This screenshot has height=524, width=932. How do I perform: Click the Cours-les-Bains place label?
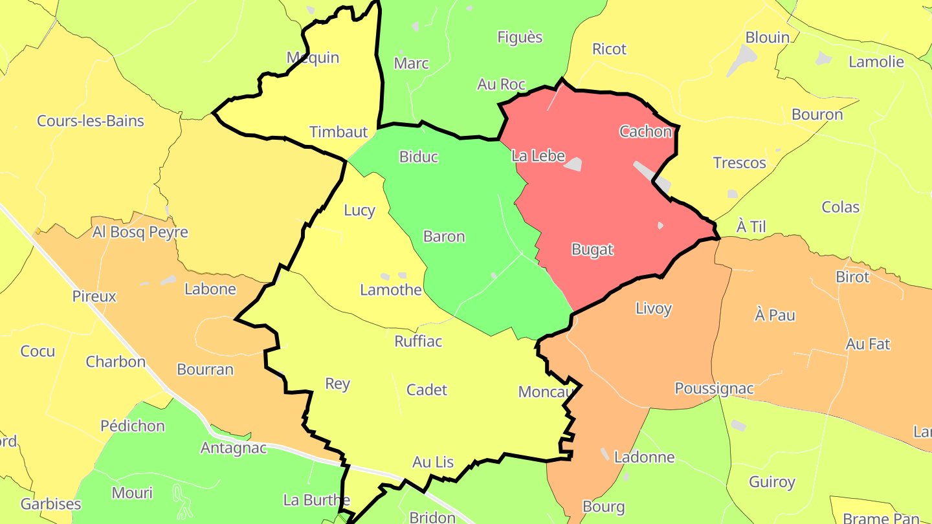click(91, 121)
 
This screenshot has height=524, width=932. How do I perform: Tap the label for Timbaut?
click(338, 132)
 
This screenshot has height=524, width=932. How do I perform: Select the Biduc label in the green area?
click(419, 157)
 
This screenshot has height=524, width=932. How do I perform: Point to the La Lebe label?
click(538, 156)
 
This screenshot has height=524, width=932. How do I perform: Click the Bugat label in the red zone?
click(592, 249)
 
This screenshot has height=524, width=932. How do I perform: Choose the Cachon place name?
click(646, 131)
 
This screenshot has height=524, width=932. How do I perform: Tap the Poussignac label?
click(715, 388)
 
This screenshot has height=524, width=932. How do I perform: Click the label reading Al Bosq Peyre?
click(140, 232)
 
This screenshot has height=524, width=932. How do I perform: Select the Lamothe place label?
click(391, 289)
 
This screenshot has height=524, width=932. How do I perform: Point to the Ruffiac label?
click(419, 341)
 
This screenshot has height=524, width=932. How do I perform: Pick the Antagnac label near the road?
click(234, 448)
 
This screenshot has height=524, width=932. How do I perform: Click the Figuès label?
click(520, 37)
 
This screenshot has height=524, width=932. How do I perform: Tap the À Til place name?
click(751, 226)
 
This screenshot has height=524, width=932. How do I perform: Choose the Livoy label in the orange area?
click(654, 308)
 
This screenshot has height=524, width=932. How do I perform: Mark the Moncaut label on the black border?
click(548, 391)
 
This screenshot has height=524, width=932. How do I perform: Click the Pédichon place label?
click(133, 426)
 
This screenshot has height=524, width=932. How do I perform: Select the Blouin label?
click(768, 37)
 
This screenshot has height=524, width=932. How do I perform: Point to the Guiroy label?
click(772, 482)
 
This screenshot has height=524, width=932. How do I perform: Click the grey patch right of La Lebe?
click(573, 164)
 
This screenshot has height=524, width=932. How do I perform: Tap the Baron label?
click(444, 236)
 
